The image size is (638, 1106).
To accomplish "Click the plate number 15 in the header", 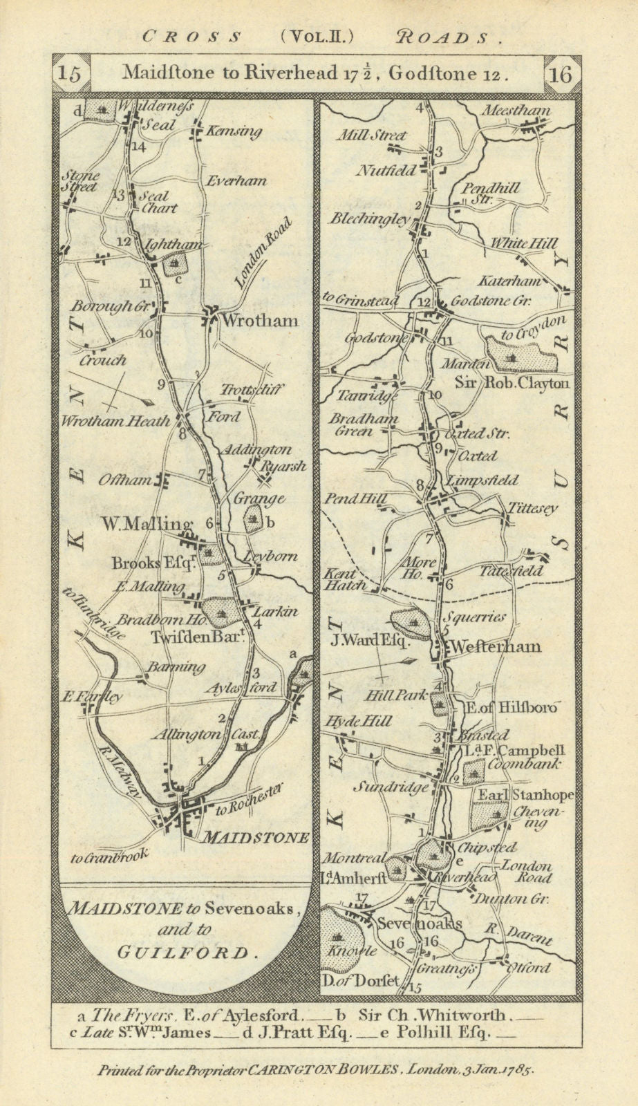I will coord(71,74).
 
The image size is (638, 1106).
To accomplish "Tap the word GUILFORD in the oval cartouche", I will coord(182,953).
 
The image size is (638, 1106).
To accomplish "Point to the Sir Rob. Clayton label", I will coord(512,383).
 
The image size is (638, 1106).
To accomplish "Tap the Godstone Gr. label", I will coord(497,301).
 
